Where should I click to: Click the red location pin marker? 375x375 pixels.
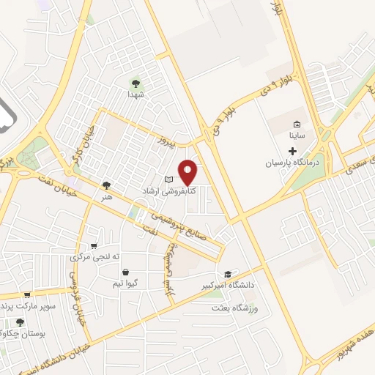188,171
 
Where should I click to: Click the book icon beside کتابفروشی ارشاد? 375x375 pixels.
169,179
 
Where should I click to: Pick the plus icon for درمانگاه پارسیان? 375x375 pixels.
292,150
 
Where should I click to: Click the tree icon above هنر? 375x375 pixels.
107,186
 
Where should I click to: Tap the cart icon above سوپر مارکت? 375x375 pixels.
27,294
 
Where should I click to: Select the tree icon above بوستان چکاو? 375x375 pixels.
20,322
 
